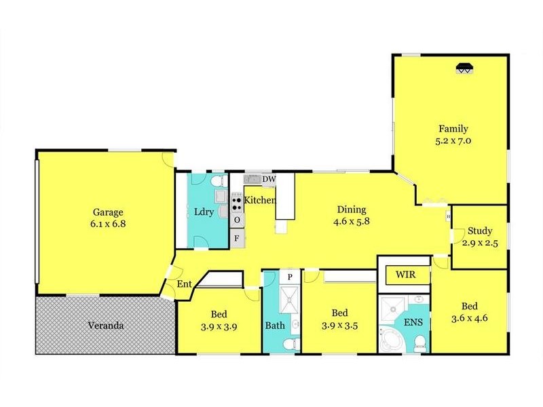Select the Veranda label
(105, 326)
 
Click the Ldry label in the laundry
(204, 212)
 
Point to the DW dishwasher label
(269, 179)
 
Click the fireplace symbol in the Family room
(464, 68)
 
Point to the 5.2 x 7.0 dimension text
(453, 142)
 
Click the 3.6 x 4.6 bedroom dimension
(470, 317)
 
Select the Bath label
(275, 326)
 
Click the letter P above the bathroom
(289, 277)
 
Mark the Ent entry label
(183, 284)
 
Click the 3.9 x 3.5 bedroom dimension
(339, 326)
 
